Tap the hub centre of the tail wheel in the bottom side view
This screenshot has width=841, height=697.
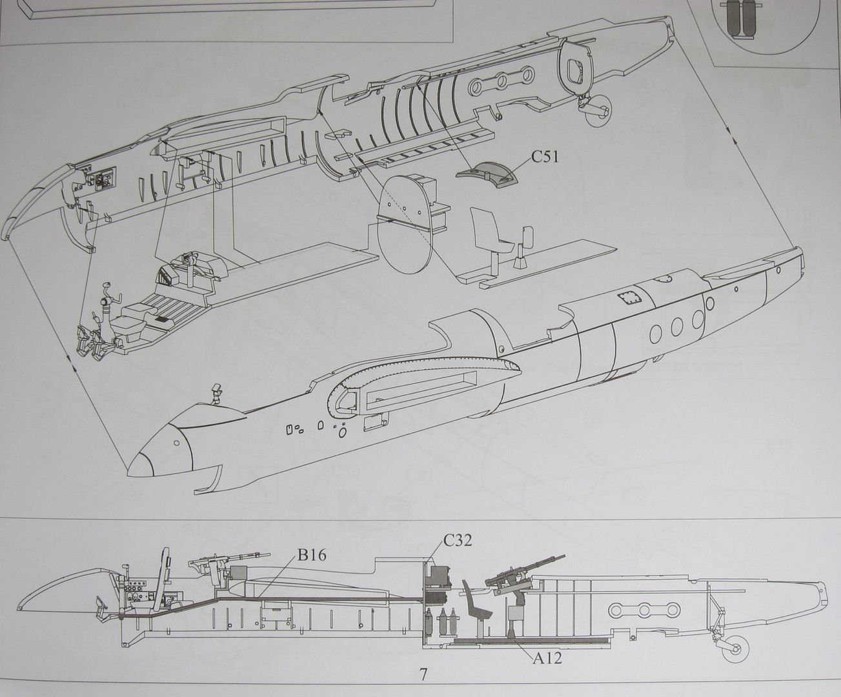click(736, 649)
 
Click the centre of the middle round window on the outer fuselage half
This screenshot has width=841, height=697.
click(676, 325)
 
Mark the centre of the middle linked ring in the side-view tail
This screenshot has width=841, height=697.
click(644, 610)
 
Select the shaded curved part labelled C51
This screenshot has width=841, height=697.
click(487, 174)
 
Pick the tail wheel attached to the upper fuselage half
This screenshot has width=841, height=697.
click(598, 112)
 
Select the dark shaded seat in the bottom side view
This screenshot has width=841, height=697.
click(477, 609)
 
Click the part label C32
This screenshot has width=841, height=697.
click(458, 540)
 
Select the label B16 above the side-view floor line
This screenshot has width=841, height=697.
click(312, 556)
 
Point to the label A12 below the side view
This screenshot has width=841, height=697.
click(547, 658)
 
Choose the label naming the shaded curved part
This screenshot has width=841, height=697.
click(545, 157)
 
